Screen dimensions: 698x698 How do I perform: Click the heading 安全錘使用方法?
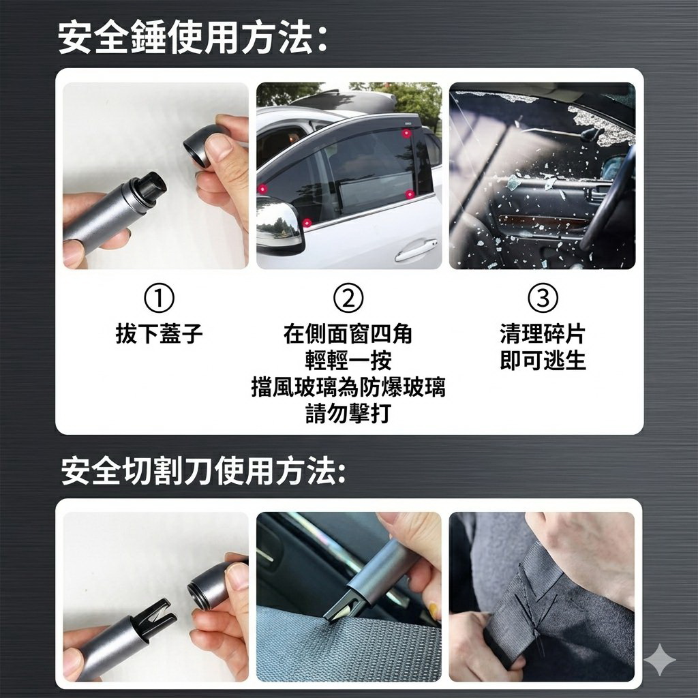(x=193, y=39)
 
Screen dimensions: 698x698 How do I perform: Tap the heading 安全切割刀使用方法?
(x=203, y=470)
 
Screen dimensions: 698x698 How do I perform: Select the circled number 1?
(x=159, y=298)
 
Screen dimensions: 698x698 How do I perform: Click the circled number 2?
(x=348, y=298)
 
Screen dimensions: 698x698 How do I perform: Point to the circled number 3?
(x=543, y=298)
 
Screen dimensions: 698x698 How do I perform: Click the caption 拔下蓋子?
(x=159, y=333)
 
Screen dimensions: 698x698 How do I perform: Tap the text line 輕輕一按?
(x=348, y=360)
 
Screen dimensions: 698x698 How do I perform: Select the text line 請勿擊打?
(x=348, y=413)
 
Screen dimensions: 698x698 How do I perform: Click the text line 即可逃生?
(x=543, y=360)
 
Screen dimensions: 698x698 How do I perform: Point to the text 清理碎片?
(x=543, y=333)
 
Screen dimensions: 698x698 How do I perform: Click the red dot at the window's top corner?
(x=406, y=133)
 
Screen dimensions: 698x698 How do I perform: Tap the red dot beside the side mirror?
(x=306, y=222)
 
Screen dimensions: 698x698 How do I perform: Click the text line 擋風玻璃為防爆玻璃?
(x=348, y=386)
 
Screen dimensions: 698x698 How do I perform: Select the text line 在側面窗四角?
(x=348, y=333)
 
